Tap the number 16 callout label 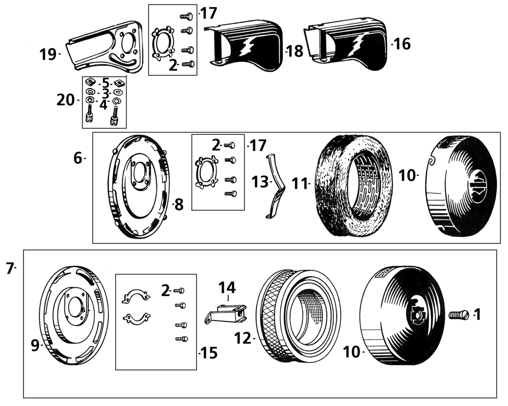(x=403, y=44)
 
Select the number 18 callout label (x=295, y=51)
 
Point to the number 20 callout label (x=66, y=100)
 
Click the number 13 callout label (x=260, y=182)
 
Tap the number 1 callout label (x=477, y=314)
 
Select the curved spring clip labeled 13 (x=273, y=186)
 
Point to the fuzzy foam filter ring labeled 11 (x=350, y=186)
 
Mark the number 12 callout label (x=243, y=339)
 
